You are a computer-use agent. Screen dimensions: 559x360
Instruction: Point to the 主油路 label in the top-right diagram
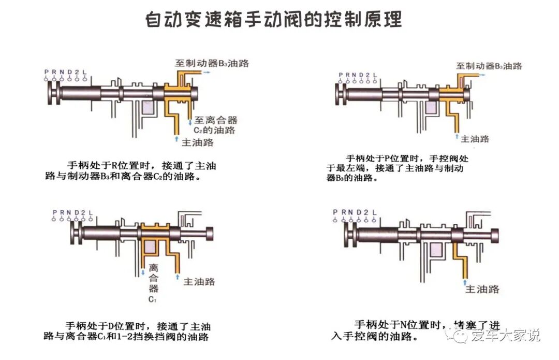click(x=475, y=138)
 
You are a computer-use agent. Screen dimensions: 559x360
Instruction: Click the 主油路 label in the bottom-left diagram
click(x=200, y=281)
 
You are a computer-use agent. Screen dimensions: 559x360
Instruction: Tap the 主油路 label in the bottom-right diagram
click(x=482, y=289)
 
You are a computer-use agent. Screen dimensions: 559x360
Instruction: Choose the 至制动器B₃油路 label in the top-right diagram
click(x=489, y=66)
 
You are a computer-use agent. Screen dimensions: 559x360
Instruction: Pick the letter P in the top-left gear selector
click(x=47, y=71)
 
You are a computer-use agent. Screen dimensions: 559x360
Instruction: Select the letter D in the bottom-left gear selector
click(x=76, y=212)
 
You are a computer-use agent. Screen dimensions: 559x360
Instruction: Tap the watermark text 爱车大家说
click(x=505, y=336)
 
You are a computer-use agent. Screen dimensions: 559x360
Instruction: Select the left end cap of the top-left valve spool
click(x=52, y=95)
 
